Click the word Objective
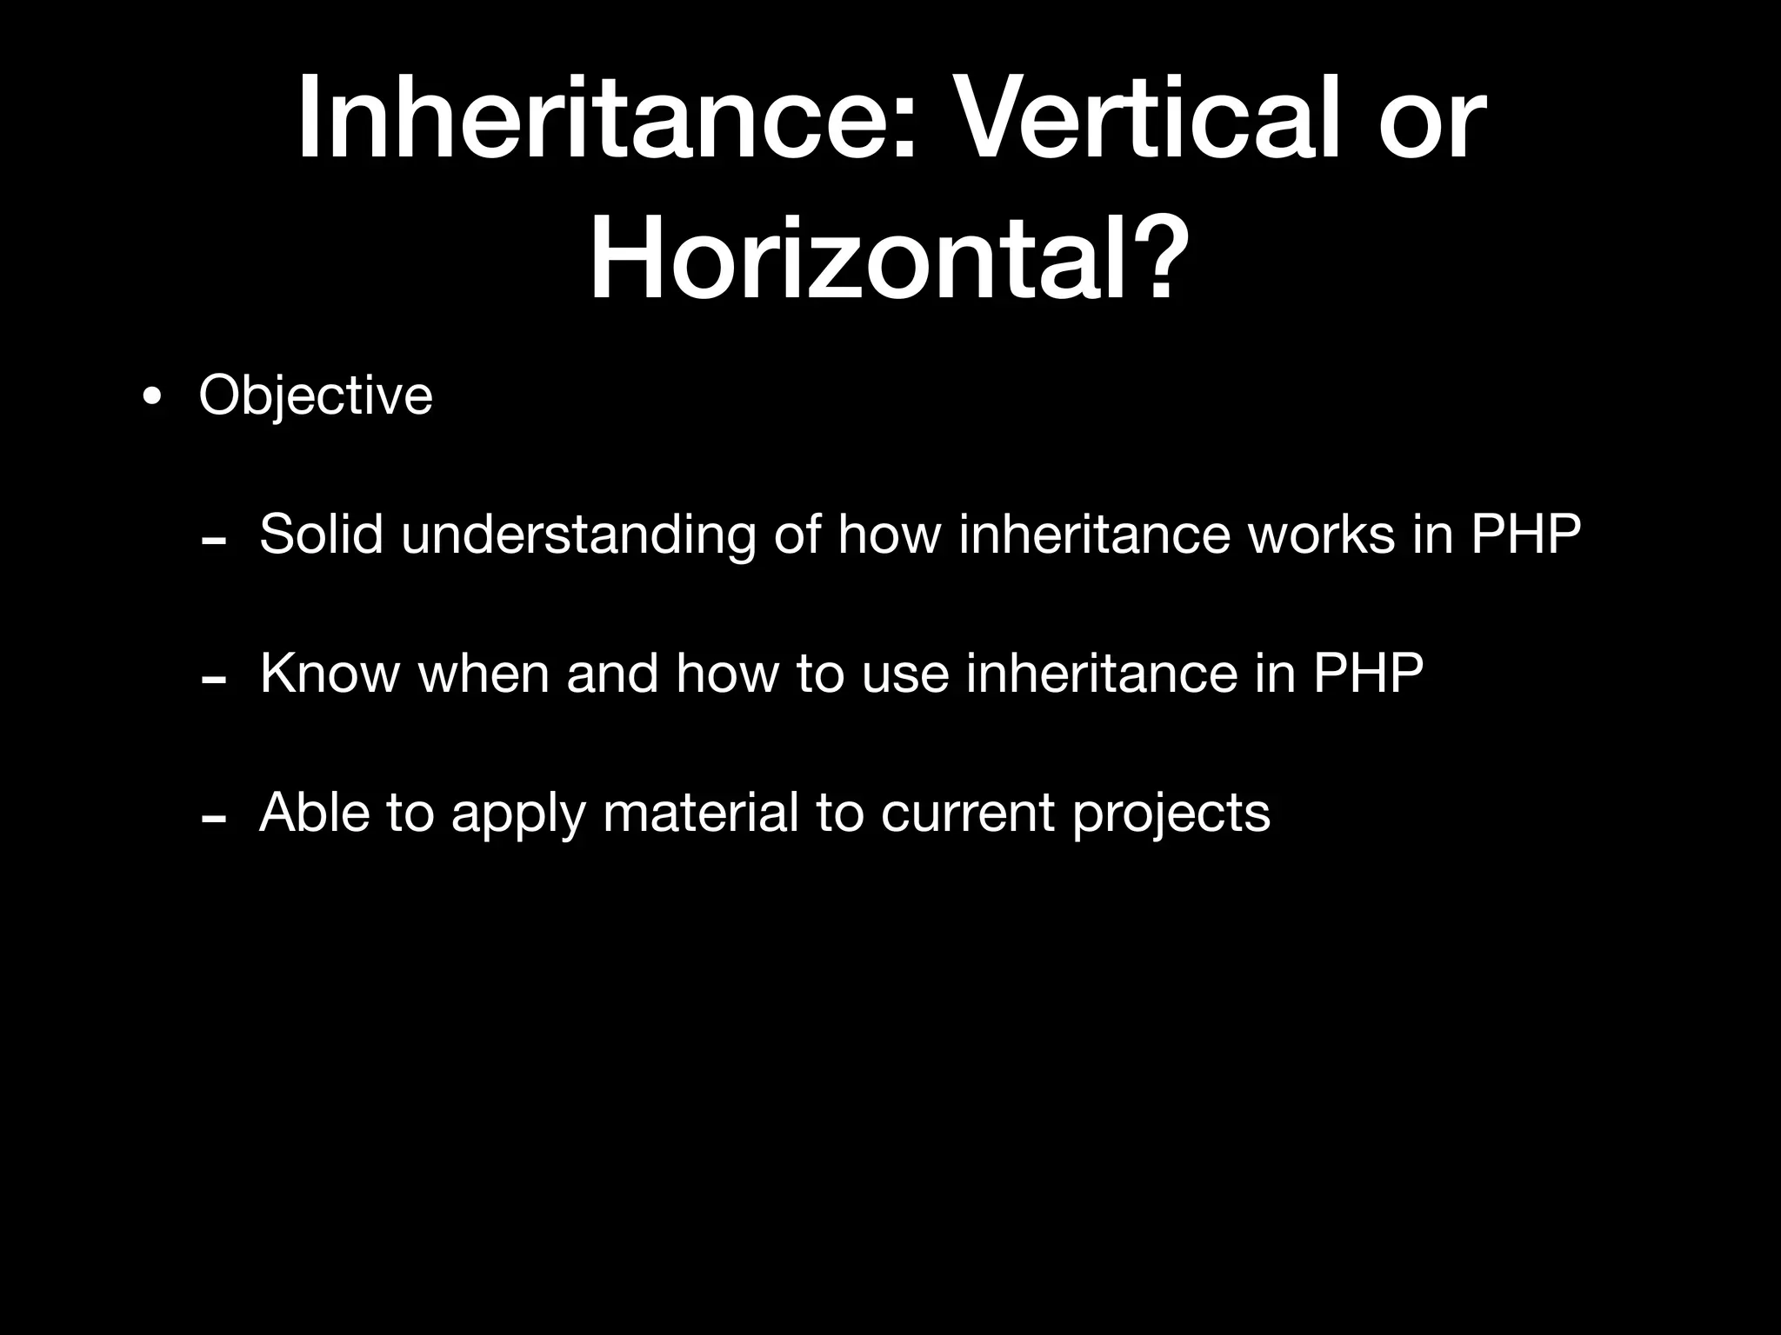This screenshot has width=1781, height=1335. pos(315,396)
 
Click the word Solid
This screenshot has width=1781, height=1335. pos(321,534)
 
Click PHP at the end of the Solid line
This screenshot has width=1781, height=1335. pos(1525,534)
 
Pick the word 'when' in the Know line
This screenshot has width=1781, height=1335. pos(484,673)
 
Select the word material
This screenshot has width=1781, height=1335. pos(700,813)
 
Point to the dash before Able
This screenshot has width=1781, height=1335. pos(214,820)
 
